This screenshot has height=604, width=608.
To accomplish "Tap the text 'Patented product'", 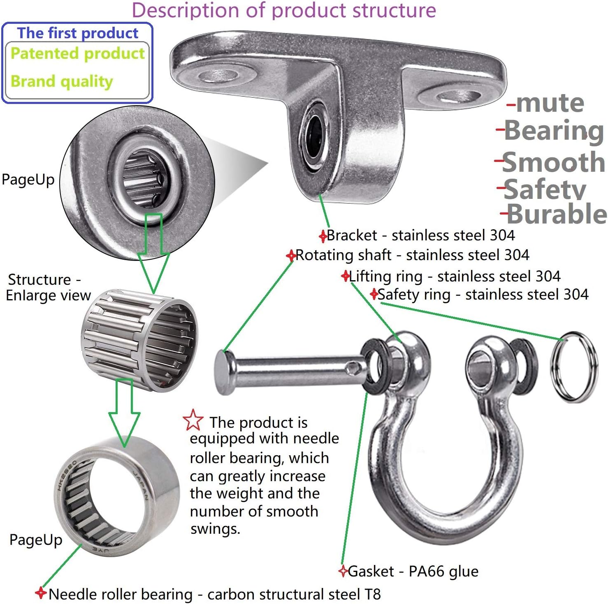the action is tap(78, 54).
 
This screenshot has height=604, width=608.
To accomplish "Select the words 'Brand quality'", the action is tap(62, 81).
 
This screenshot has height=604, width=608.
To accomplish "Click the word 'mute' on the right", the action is tap(550, 103).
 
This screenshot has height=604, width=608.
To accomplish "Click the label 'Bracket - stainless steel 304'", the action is tap(420, 235).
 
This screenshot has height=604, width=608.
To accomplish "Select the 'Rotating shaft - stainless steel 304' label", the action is tap(412, 255).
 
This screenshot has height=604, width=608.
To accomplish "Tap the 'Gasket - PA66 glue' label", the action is tap(413, 571).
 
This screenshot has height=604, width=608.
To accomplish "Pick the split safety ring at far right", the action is tap(574, 367).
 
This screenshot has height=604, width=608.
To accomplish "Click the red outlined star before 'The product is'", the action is tap(193, 420).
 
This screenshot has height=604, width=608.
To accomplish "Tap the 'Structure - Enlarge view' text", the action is tap(48, 287).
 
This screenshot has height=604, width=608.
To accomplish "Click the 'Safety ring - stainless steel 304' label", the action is tap(483, 295).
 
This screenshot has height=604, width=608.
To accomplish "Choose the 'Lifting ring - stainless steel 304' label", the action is tap(455, 276).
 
